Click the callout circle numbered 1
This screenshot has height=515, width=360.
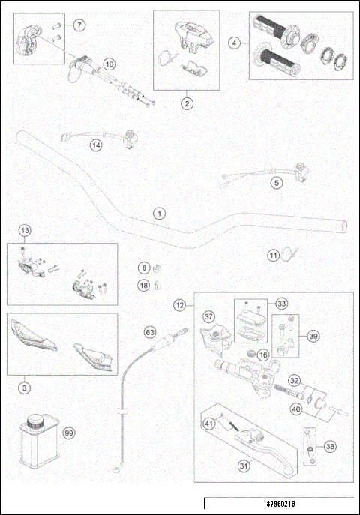click(x=158, y=213)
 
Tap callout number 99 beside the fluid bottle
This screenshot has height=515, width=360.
click(x=68, y=434)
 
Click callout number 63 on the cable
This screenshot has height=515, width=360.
click(x=149, y=330)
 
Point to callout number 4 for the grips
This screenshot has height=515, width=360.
click(x=235, y=43)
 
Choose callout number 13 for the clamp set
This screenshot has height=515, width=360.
click(x=25, y=231)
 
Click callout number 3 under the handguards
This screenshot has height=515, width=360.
click(x=25, y=388)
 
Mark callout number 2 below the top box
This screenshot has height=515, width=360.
click(x=186, y=103)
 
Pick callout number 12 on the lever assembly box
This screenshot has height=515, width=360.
click(x=179, y=306)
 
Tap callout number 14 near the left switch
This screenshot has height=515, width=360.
click(x=95, y=145)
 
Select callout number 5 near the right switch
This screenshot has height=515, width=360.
click(x=277, y=182)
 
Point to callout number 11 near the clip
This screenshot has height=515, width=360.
click(x=274, y=256)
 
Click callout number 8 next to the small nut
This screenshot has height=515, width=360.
click(x=142, y=268)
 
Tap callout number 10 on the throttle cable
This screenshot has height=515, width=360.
click(x=109, y=64)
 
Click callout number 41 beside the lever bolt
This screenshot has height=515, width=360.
click(x=209, y=425)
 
